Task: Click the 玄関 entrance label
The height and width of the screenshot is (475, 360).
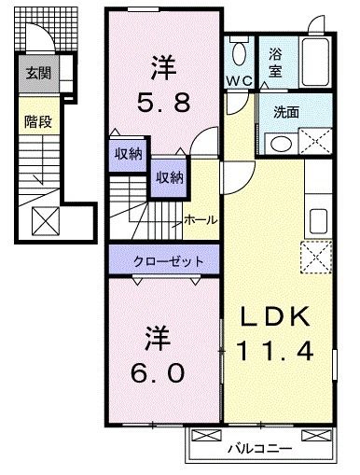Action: (37, 73)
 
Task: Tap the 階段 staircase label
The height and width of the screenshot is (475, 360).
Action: (37, 120)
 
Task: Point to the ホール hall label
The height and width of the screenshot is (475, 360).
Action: (201, 220)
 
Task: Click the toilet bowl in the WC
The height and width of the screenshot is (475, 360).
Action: (240, 52)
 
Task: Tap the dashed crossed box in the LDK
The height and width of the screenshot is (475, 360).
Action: (317, 255)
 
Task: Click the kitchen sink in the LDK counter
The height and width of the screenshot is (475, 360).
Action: (318, 221)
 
